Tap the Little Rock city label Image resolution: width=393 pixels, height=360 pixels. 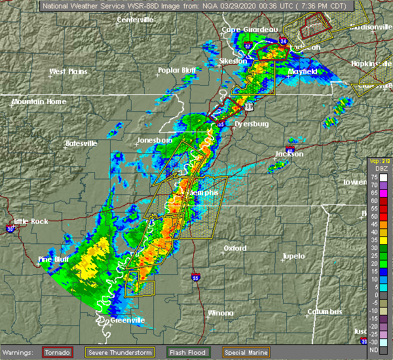tap(30, 221)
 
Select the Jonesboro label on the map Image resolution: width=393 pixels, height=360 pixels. tap(154, 141)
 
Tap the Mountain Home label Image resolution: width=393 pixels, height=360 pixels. tap(39, 101)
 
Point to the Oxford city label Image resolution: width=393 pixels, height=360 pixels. tap(234, 248)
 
